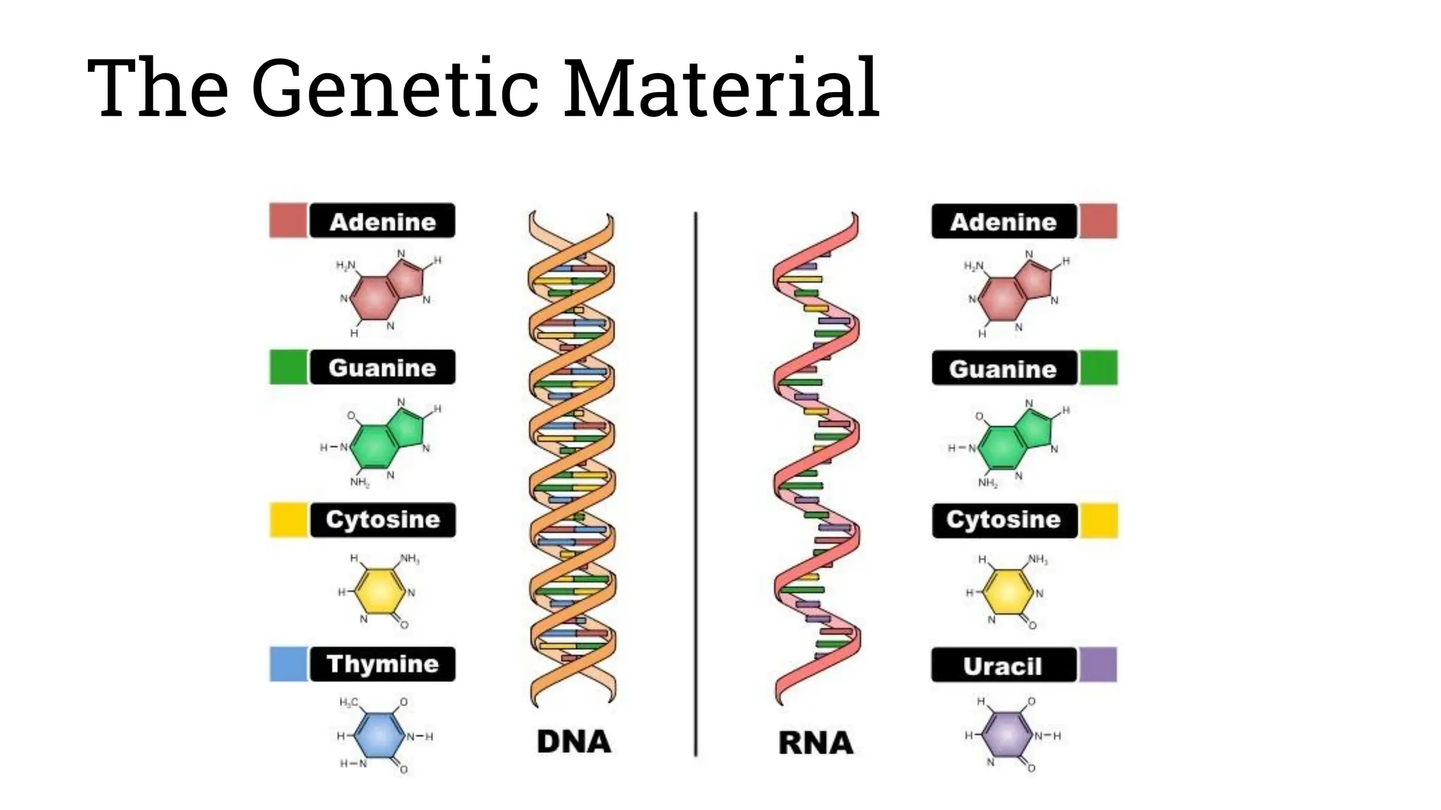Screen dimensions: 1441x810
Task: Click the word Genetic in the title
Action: coord(393,89)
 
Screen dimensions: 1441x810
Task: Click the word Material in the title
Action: coord(720,89)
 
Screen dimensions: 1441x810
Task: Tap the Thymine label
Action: coord(382,664)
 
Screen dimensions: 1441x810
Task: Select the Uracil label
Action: coord(1003,665)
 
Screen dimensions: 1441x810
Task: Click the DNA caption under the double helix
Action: coord(573,742)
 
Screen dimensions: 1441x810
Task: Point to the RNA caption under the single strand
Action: coord(815,743)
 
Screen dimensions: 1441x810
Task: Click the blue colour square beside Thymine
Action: coord(288,664)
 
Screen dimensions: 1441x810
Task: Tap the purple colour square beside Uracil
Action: coord(1098,665)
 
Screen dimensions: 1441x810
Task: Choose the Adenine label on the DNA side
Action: coord(382,221)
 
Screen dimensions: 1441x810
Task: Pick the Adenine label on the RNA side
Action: coord(1003,222)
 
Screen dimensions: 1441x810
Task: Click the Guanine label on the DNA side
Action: coord(382,368)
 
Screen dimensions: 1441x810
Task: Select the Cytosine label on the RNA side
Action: coord(1003,520)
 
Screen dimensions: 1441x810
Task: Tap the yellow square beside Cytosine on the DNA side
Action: coord(288,520)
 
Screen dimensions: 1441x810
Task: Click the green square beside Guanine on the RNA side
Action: coord(1098,368)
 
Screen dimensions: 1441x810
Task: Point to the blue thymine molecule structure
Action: coord(380,735)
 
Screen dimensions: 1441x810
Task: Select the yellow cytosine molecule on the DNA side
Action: coord(380,592)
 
